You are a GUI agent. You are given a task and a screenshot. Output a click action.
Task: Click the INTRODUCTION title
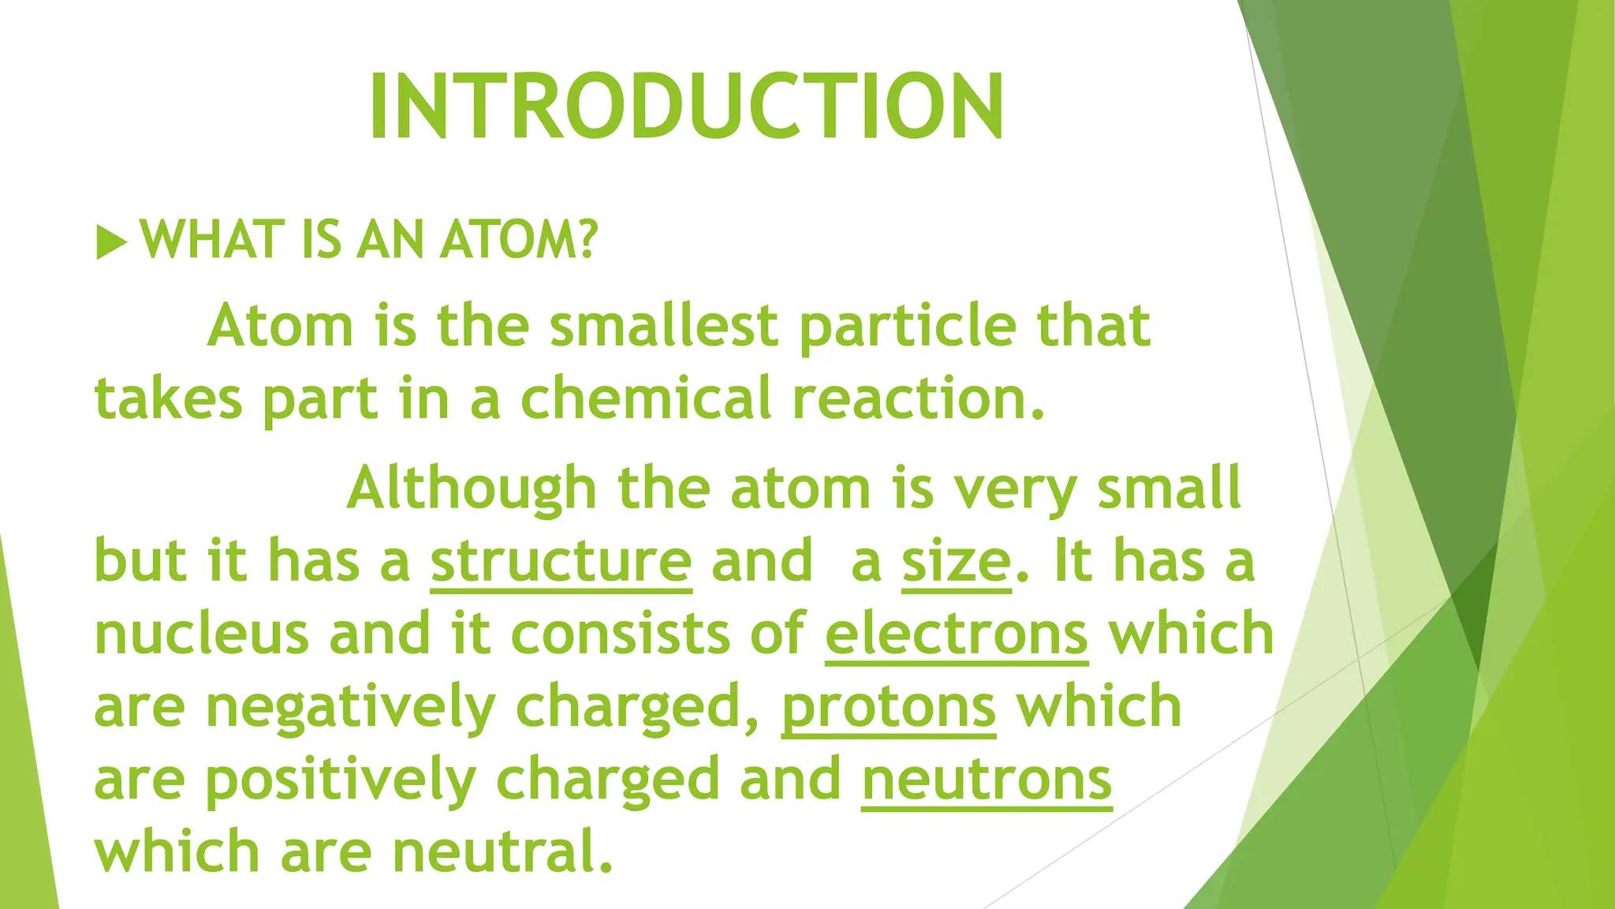pyautogui.click(x=686, y=107)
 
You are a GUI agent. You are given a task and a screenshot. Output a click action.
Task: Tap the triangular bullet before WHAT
pyautogui.click(x=110, y=241)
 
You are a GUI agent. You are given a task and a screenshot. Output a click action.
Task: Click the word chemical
pyautogui.click(x=646, y=398)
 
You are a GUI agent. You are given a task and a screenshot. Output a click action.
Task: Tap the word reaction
pyautogui.click(x=918, y=398)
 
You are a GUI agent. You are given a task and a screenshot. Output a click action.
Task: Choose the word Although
pyautogui.click(x=472, y=489)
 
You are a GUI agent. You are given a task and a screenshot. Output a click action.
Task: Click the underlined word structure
pyautogui.click(x=561, y=561)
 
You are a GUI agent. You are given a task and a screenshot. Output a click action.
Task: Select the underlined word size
pyautogui.click(x=956, y=561)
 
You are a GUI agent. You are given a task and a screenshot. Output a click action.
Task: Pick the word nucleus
pyautogui.click(x=201, y=634)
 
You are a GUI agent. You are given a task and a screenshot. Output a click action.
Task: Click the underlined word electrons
pyautogui.click(x=957, y=634)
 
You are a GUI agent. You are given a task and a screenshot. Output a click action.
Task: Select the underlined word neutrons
pyautogui.click(x=987, y=779)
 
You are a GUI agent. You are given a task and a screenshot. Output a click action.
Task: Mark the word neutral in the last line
pyautogui.click(x=502, y=852)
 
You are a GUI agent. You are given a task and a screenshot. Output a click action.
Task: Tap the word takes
pyautogui.click(x=168, y=398)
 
